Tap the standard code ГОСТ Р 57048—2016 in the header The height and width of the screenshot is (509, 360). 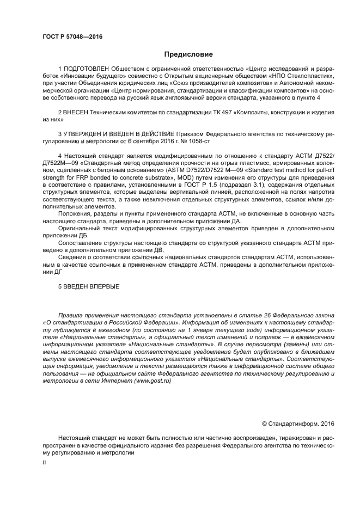(72, 36)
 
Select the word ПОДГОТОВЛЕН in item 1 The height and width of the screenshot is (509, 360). (86, 70)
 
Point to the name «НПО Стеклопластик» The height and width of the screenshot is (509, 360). (305, 77)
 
